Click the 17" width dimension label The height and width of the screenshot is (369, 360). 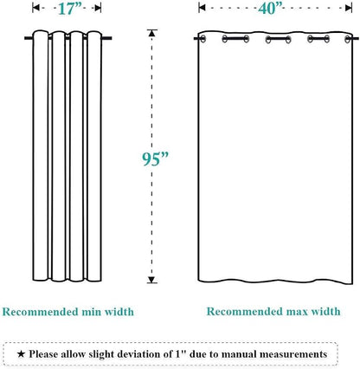click(x=70, y=9)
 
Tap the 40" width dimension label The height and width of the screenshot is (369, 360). click(x=270, y=9)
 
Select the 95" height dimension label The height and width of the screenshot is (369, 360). click(x=155, y=159)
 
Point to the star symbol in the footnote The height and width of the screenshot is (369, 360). click(x=21, y=353)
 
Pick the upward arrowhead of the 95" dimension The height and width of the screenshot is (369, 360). click(x=152, y=33)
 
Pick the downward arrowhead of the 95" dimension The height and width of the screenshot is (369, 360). click(x=152, y=280)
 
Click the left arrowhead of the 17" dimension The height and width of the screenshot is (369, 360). click(x=35, y=8)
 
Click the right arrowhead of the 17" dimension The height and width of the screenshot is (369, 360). click(x=98, y=8)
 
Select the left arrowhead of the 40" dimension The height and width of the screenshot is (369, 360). click(x=202, y=8)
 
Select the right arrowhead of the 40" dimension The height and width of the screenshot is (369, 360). click(x=349, y=8)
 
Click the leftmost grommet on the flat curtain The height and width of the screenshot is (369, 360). click(x=202, y=39)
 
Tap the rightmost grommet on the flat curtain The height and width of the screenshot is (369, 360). click(x=348, y=39)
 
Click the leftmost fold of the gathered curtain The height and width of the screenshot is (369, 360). click(x=41, y=155)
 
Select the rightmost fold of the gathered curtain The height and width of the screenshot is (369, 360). click(x=94, y=156)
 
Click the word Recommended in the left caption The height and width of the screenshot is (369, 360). click(x=40, y=312)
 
